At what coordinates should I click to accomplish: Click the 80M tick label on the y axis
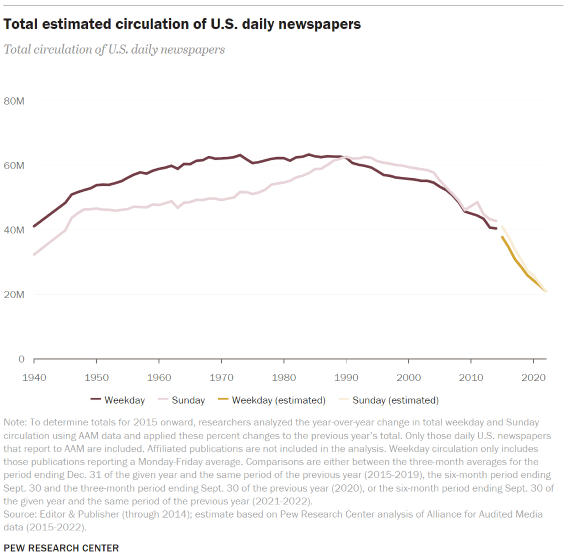pyautogui.click(x=14, y=101)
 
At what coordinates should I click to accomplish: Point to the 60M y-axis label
pyautogui.click(x=14, y=166)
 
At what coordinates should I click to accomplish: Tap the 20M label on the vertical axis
pyautogui.click(x=14, y=295)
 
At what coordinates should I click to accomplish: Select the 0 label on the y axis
pyautogui.click(x=21, y=359)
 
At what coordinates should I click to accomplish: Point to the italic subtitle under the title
pyautogui.click(x=114, y=49)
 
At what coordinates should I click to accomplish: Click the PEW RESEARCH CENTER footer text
pyautogui.click(x=61, y=548)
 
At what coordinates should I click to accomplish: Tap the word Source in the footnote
pyautogui.click(x=18, y=514)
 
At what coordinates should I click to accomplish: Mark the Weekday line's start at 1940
pyautogui.click(x=34, y=226)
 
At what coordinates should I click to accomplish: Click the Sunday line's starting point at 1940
pyautogui.click(x=34, y=254)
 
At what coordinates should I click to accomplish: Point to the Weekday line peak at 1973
pyautogui.click(x=240, y=155)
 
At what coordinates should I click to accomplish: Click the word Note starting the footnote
pyautogui.click(x=14, y=423)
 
